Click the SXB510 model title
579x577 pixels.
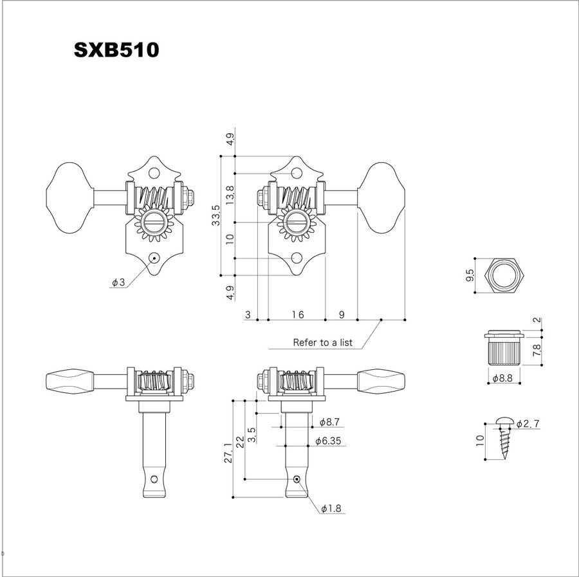[116, 50]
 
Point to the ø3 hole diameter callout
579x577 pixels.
[119, 282]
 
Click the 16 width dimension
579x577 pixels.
[298, 315]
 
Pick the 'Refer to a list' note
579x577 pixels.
[322, 343]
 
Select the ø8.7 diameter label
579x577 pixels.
[329, 422]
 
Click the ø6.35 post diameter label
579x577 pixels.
[328, 441]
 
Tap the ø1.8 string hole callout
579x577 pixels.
[331, 509]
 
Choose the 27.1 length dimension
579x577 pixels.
[228, 453]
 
